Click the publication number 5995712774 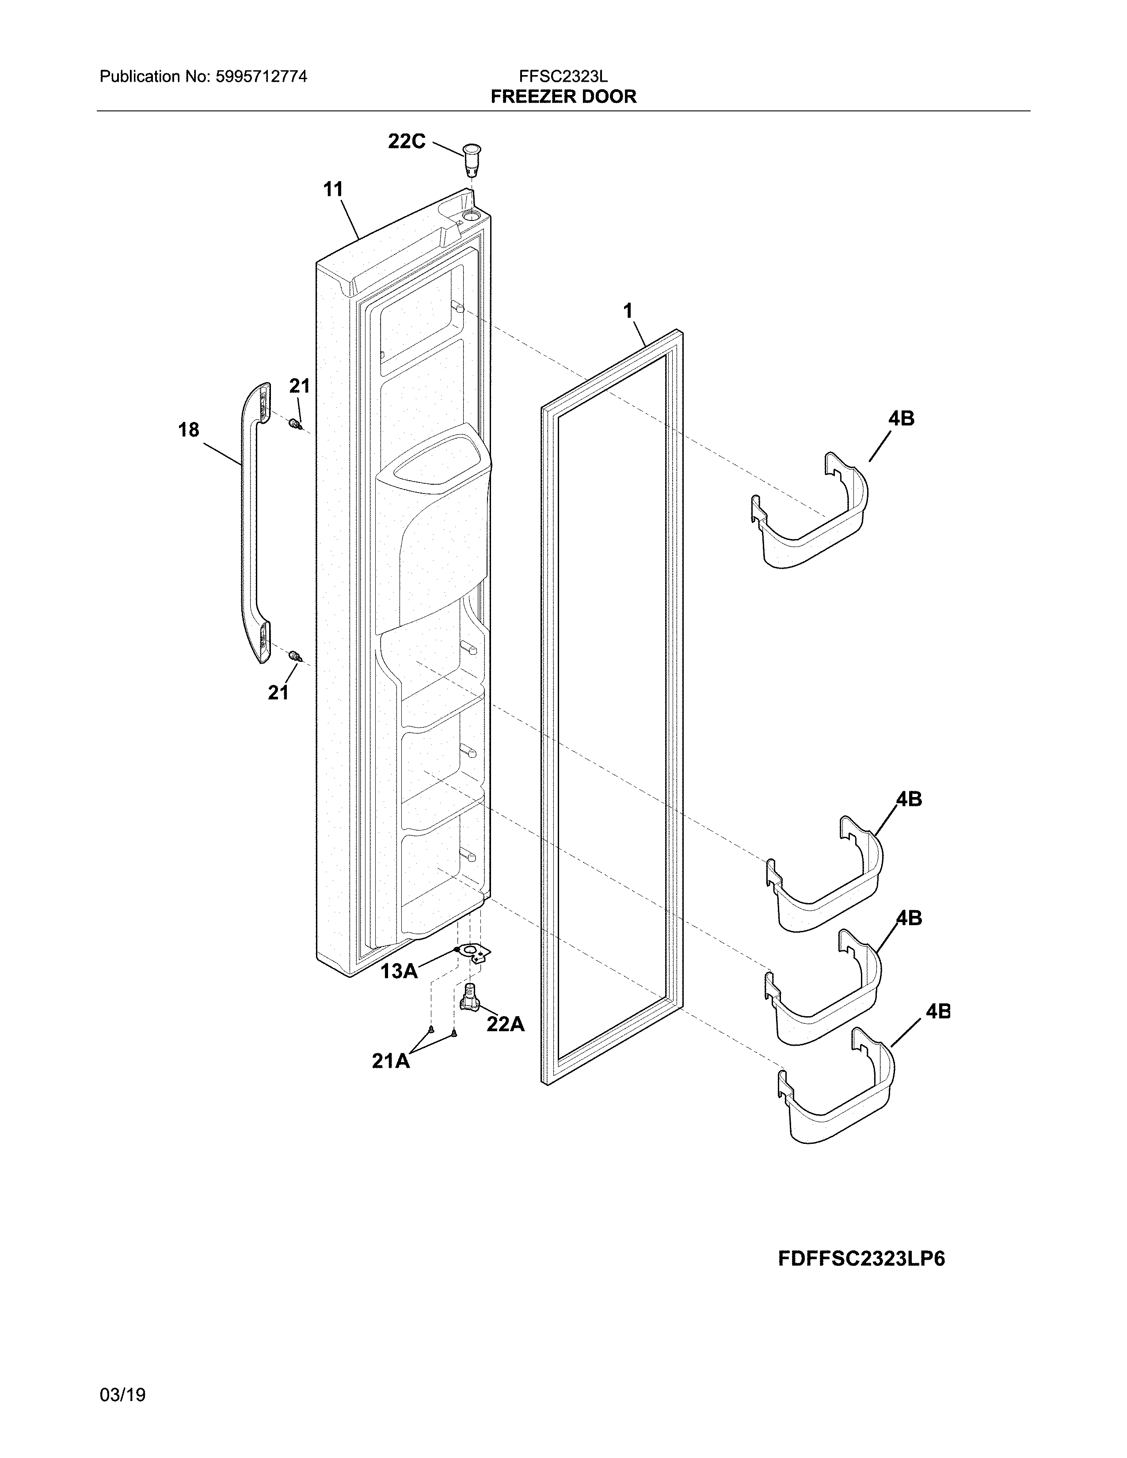pyautogui.click(x=261, y=77)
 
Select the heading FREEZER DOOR pyautogui.click(x=563, y=97)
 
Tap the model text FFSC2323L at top pyautogui.click(x=563, y=77)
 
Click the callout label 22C pyautogui.click(x=407, y=141)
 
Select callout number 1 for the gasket pyautogui.click(x=628, y=311)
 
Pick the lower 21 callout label pyautogui.click(x=278, y=693)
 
